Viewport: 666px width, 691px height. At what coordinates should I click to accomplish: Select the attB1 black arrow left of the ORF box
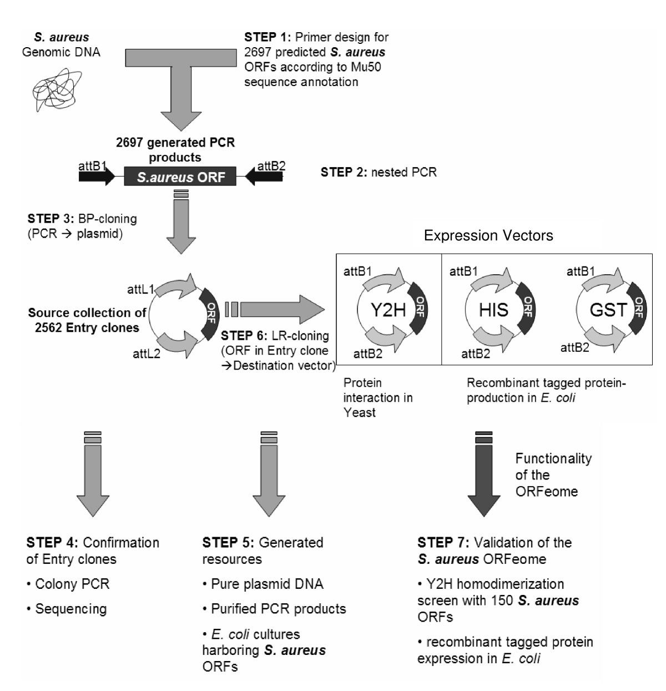pos(96,177)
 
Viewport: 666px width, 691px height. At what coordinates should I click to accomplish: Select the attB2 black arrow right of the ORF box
pos(263,177)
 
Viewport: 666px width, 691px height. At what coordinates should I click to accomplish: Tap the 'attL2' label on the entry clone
pos(147,353)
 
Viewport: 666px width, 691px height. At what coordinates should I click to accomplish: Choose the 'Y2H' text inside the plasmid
pos(388,310)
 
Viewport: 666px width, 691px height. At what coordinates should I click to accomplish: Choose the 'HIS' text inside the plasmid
pos(494,310)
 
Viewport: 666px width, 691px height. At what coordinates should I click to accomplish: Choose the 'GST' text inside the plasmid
pos(608,310)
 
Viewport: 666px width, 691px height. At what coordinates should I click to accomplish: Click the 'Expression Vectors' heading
pos(488,236)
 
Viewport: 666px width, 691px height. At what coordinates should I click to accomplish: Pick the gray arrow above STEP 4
pos(93,477)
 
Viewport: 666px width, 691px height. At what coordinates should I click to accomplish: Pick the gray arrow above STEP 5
pos(269,477)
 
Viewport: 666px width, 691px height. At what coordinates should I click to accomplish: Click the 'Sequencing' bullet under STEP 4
pos(70,609)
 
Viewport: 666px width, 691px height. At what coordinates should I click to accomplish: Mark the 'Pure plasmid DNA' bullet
pos(267,584)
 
